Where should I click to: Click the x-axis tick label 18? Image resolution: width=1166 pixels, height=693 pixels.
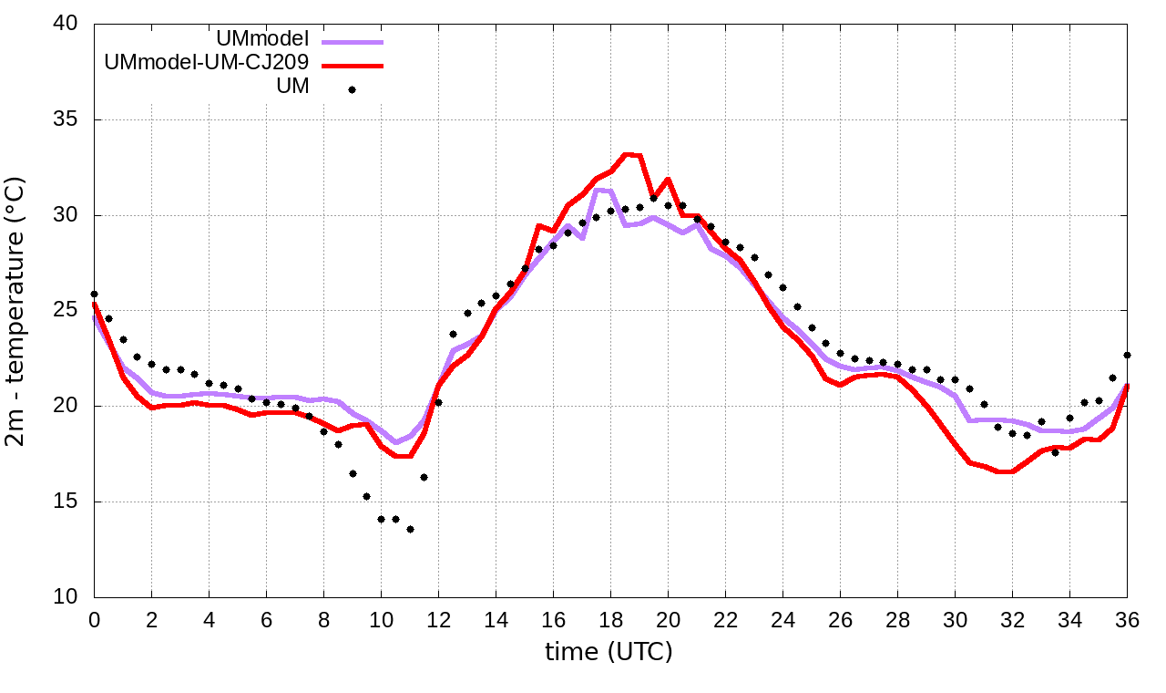610,618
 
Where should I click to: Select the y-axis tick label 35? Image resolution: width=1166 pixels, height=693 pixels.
66,120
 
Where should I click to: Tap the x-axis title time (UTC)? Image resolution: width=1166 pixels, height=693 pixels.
609,652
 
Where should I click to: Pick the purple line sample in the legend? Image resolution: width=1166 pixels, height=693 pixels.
352,42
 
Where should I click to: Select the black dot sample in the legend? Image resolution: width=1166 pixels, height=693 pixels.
352,89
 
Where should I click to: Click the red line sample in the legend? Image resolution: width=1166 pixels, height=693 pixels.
352,66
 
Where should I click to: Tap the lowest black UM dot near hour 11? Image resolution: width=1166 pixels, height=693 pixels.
410,529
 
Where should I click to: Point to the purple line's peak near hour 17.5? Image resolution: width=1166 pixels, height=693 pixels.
598,190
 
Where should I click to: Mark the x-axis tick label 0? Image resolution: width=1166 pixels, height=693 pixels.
94,618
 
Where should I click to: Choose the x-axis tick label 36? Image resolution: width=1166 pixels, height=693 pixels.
1128,618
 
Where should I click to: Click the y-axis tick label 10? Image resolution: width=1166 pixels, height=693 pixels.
66,597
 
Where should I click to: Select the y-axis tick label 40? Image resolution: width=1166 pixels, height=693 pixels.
66,24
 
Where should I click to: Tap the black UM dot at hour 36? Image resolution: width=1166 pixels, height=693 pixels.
1128,355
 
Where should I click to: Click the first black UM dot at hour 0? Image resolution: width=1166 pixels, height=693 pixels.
94,295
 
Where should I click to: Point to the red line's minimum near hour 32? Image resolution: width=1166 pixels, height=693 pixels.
1005,471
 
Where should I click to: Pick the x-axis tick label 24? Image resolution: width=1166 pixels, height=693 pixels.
782,618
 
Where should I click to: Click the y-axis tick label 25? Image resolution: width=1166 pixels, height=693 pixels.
66,311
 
